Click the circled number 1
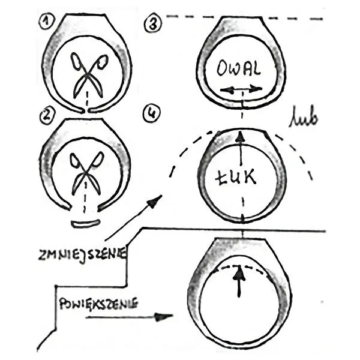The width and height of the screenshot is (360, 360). (x=46, y=22)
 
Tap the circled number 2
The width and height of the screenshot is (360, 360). (x=46, y=116)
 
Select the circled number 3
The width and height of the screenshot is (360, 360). (x=153, y=25)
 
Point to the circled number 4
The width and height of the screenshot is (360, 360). (x=152, y=113)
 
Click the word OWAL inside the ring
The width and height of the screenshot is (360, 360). (x=239, y=68)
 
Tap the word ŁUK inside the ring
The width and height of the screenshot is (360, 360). (x=236, y=177)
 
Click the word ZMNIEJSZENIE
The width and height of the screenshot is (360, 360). (x=82, y=254)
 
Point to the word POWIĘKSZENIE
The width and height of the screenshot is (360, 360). (x=98, y=304)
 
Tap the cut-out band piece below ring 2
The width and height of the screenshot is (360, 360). (x=85, y=224)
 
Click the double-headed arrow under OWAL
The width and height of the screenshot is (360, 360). (x=241, y=89)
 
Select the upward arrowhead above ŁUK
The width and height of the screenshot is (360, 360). (x=240, y=136)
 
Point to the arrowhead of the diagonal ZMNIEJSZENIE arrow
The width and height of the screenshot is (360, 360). (x=155, y=202)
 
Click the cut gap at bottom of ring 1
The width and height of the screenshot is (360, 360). (x=86, y=110)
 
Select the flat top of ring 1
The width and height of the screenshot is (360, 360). (x=85, y=14)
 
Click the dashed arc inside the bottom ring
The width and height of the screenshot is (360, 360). (x=239, y=266)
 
